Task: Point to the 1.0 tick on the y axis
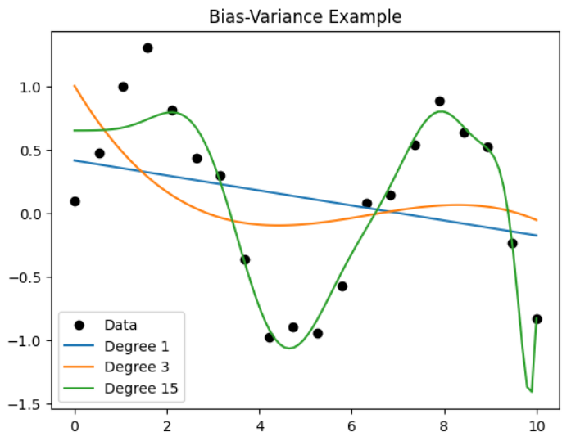click(x=35, y=87)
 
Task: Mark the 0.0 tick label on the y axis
click(x=35, y=214)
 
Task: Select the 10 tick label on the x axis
click(x=537, y=425)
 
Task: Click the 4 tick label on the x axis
click(x=260, y=425)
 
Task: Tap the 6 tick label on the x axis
click(x=352, y=425)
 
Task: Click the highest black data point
click(x=147, y=48)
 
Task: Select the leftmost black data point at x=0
click(x=75, y=201)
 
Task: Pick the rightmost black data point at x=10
click(x=537, y=319)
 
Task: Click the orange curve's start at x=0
click(x=75, y=86)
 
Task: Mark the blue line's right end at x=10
click(x=537, y=236)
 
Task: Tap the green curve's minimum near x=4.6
click(x=288, y=349)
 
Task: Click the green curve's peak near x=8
click(x=442, y=111)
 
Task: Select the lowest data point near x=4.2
click(x=270, y=337)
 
